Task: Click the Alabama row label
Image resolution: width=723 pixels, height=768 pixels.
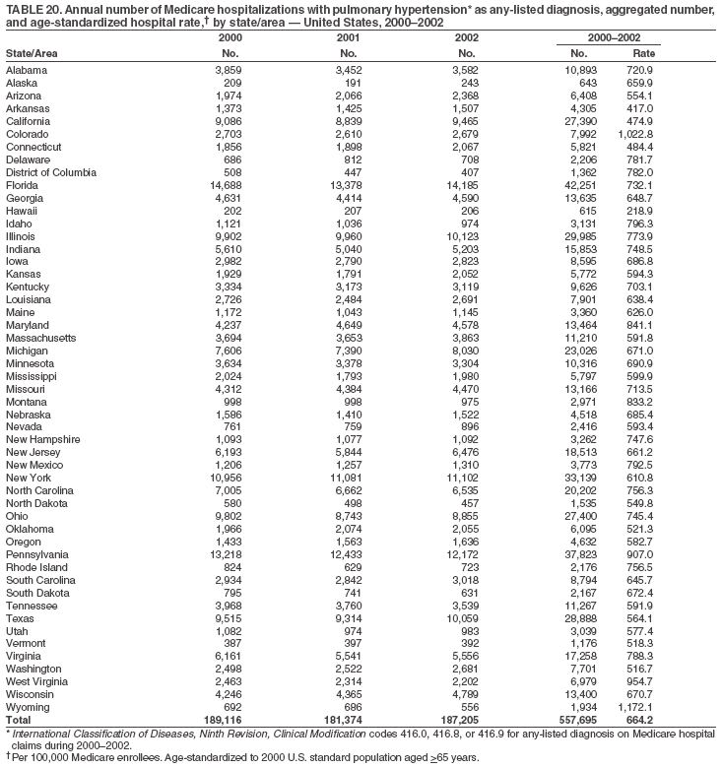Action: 27,70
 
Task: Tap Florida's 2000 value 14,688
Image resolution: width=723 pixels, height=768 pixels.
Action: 222,184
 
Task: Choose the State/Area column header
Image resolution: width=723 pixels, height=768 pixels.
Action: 32,51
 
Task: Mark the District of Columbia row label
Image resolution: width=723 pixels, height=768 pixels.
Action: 51,171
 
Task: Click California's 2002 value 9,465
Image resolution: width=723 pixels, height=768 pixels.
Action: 462,121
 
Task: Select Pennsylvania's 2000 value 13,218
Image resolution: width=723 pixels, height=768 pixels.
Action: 222,555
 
